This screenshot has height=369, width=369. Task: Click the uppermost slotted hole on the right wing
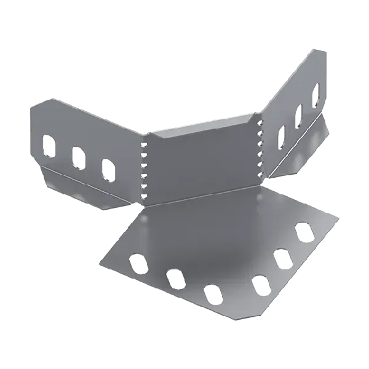click(315, 93)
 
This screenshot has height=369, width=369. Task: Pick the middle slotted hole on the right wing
click(300, 114)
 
